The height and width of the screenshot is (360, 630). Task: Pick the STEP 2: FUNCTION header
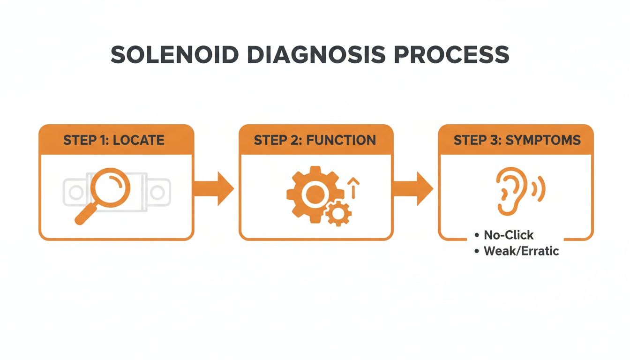point(315,140)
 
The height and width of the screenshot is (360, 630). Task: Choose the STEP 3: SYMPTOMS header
point(517,140)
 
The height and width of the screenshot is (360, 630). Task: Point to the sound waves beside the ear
point(539,187)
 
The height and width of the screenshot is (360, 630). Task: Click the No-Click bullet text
point(508,235)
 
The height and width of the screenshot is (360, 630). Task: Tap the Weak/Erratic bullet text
point(521,251)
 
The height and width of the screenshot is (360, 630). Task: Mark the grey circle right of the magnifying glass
point(157,192)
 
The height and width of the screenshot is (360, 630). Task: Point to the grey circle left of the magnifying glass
point(75,192)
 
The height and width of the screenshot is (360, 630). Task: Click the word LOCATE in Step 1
point(138,140)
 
